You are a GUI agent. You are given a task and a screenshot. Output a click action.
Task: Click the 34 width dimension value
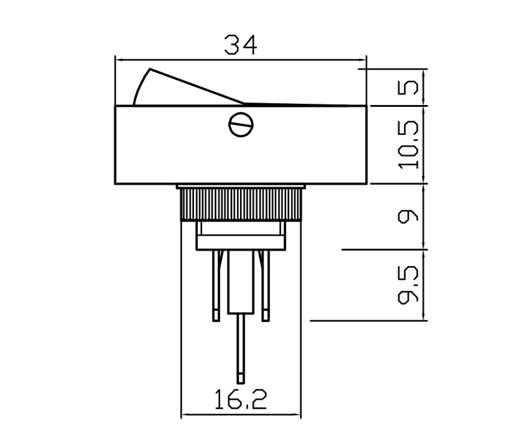(240, 45)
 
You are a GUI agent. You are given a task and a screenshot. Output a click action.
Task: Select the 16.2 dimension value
(241, 400)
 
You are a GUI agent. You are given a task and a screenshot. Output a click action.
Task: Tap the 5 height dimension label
(411, 87)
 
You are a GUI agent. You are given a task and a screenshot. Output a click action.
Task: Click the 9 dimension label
(411, 216)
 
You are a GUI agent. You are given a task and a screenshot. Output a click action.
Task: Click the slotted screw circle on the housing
(241, 124)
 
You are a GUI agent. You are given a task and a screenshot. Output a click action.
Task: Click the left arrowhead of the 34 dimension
(119, 59)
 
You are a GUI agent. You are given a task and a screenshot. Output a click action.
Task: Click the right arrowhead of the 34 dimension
(362, 59)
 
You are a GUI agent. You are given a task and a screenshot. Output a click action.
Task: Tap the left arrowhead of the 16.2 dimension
(185, 415)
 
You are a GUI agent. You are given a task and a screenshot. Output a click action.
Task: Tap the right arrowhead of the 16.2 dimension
(297, 415)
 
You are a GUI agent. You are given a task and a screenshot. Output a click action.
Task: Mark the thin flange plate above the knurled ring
(241, 187)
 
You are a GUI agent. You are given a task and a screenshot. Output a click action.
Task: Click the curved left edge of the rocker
(139, 87)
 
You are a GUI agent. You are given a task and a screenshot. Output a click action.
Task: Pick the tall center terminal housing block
(241, 280)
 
